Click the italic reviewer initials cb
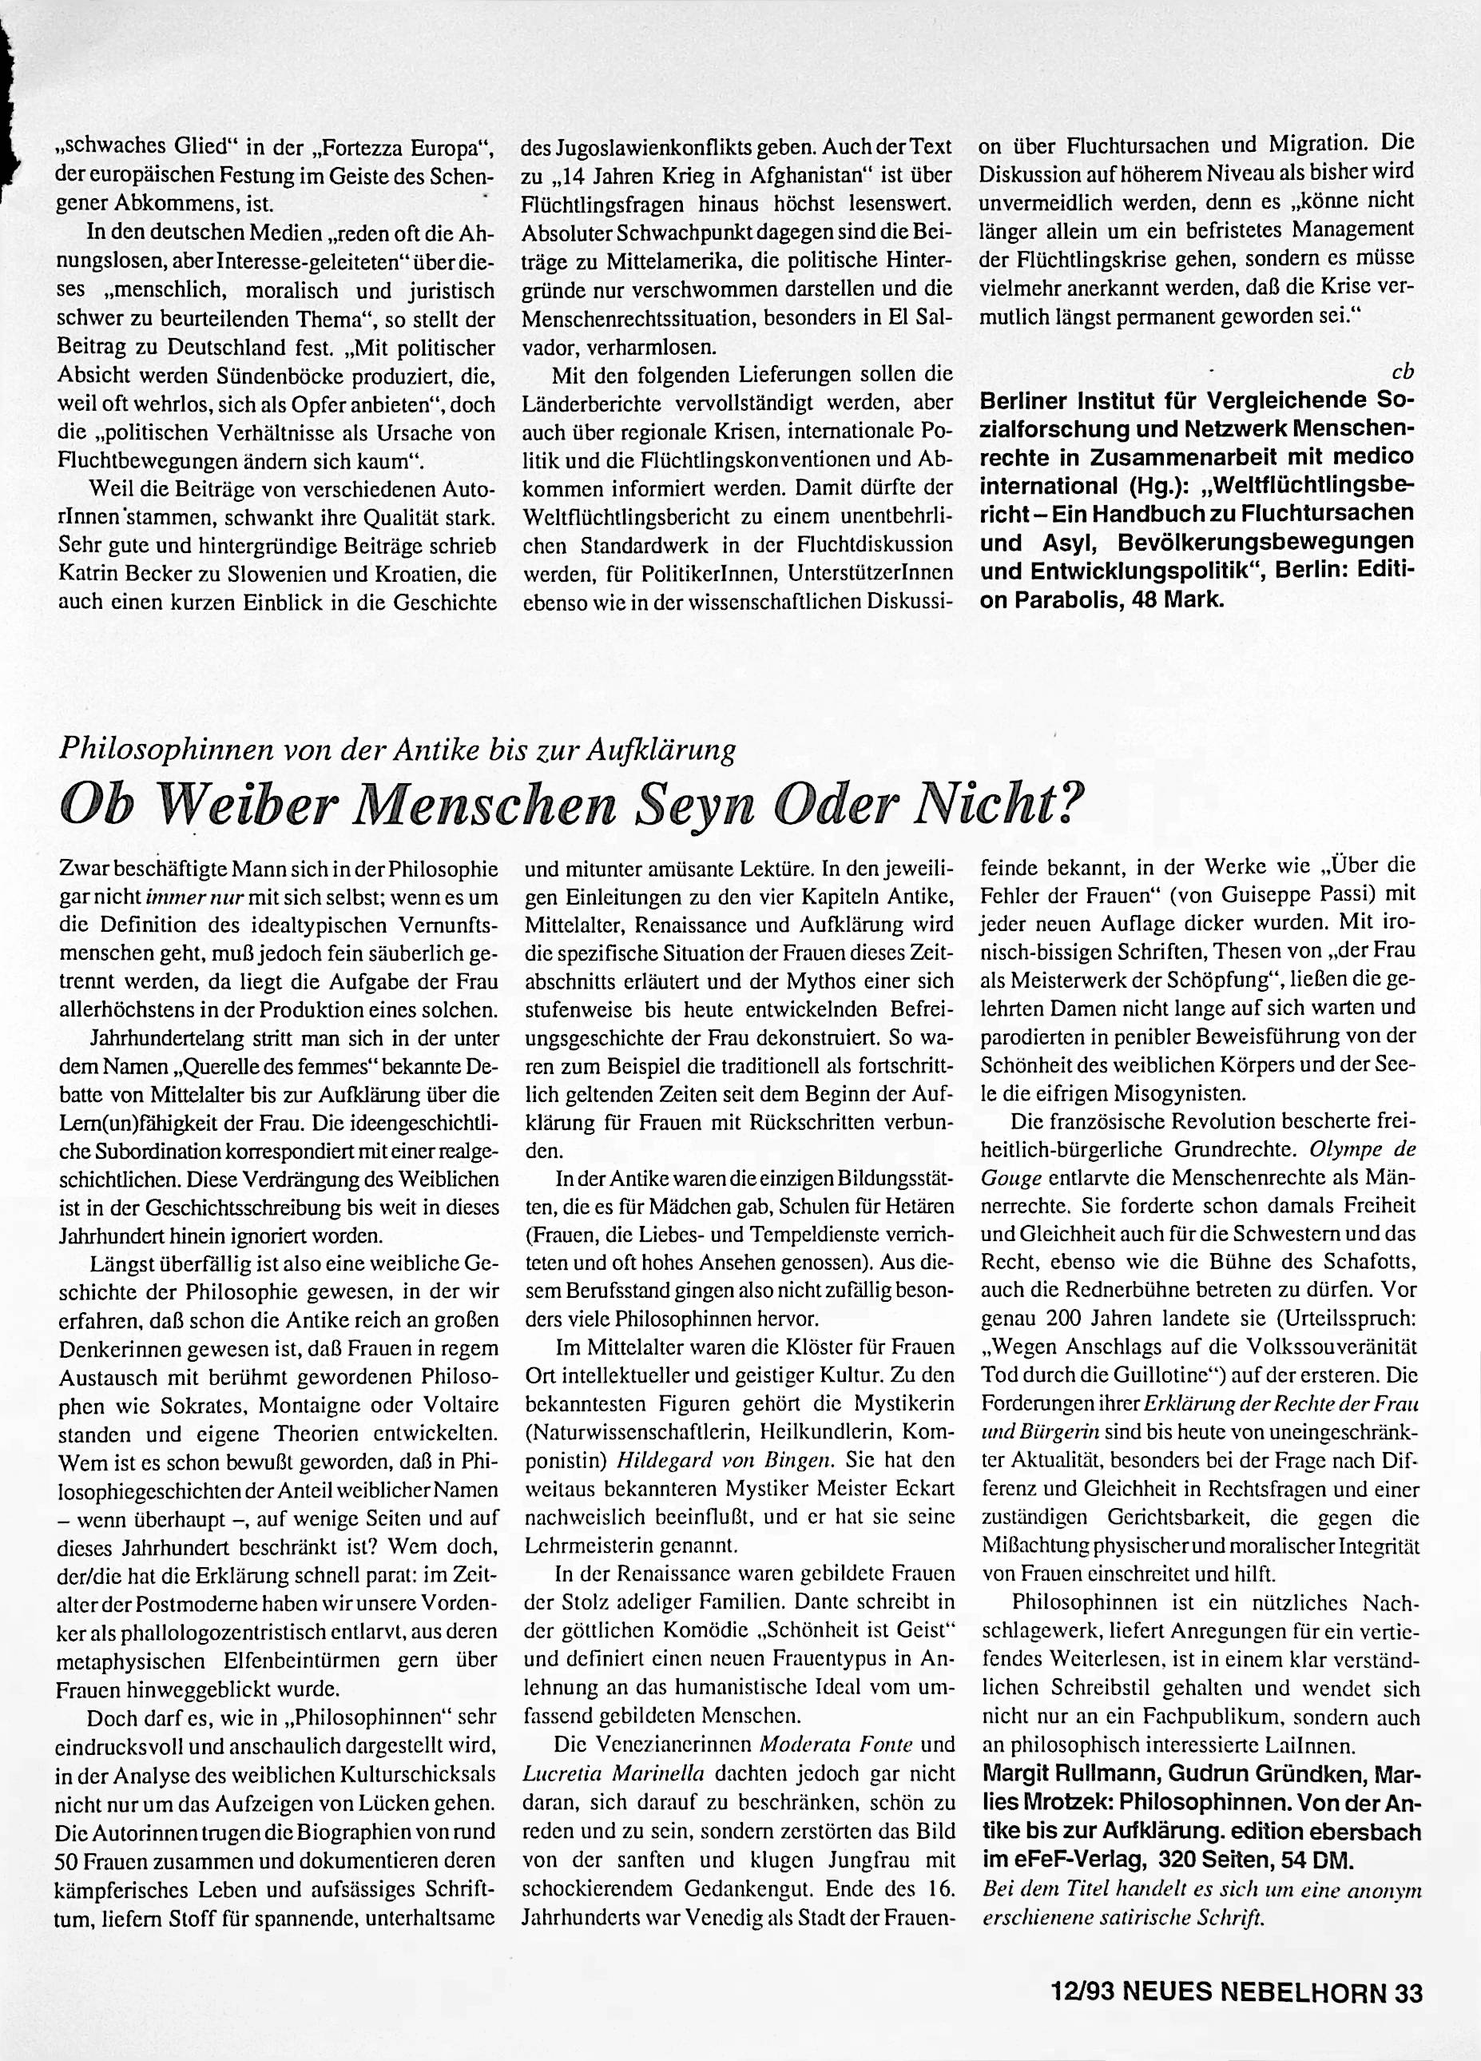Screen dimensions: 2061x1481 click(1404, 372)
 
